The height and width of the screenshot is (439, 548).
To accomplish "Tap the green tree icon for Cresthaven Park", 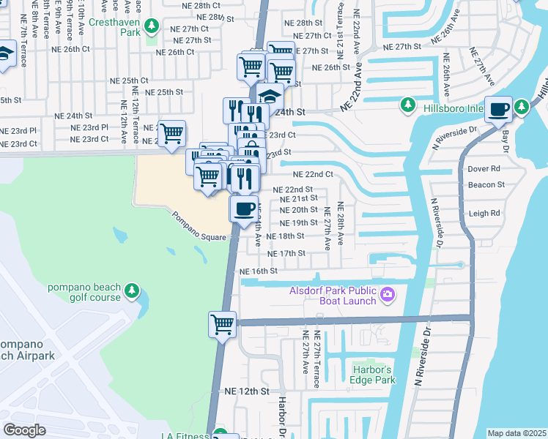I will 151,27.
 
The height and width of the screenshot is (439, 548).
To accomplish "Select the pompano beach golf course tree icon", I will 132,291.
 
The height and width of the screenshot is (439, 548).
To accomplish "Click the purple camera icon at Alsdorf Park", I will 388,296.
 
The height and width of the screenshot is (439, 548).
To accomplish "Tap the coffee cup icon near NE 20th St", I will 245,208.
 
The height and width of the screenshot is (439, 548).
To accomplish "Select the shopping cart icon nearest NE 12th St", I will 223,323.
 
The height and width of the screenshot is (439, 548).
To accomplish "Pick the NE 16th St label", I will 259,271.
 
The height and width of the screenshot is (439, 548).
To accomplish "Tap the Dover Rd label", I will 484,168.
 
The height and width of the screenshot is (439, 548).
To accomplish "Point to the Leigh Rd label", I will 484,214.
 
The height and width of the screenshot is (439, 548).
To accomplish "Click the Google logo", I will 25,429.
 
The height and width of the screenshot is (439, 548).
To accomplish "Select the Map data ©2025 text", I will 516,433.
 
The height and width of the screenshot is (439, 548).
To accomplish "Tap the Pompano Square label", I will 199,227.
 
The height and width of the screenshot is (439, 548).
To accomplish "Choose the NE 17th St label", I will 286,253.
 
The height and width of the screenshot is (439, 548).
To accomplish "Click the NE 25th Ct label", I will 128,80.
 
